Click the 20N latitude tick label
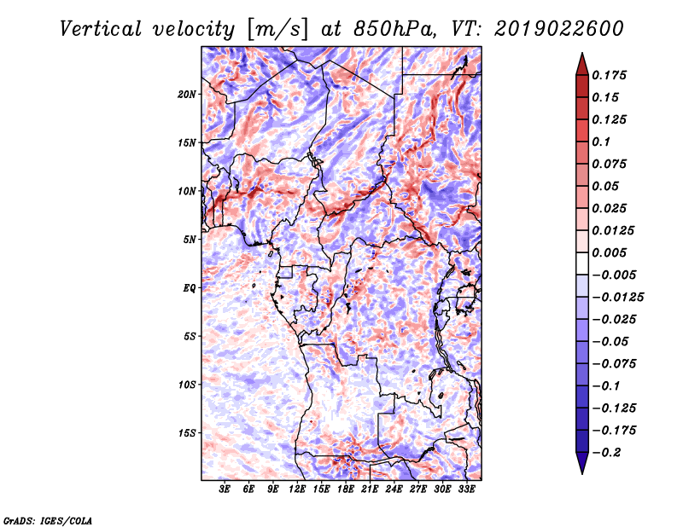point(187,95)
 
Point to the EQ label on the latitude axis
point(190,288)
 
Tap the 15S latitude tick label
point(187,433)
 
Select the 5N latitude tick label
point(190,240)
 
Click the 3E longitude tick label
point(225,489)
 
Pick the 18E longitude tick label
point(346,489)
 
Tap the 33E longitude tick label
point(466,489)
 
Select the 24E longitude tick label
point(394,489)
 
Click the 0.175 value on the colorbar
point(609,75)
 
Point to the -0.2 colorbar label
point(606,453)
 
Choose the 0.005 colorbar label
point(609,252)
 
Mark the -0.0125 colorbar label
point(617,298)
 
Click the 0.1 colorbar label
point(601,142)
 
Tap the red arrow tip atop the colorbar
point(582,53)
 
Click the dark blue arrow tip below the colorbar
point(582,473)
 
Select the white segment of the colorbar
point(582,263)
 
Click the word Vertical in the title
point(101,29)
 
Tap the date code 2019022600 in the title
point(559,29)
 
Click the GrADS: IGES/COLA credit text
point(48,520)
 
